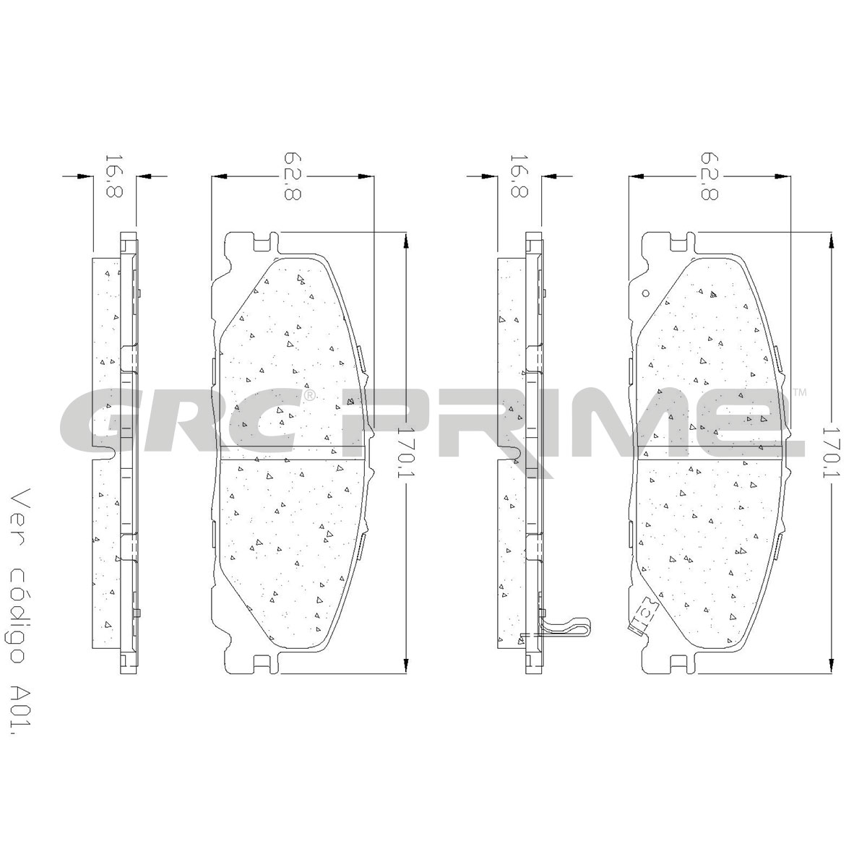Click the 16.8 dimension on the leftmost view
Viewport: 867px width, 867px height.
(x=114, y=176)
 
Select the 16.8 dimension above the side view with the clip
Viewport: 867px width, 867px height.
(x=519, y=176)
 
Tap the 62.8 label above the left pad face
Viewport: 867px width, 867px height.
(x=292, y=176)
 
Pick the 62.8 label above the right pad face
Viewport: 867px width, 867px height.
(x=709, y=176)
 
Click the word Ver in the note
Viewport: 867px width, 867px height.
(x=21, y=507)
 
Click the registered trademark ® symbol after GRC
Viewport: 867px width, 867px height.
(x=309, y=395)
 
